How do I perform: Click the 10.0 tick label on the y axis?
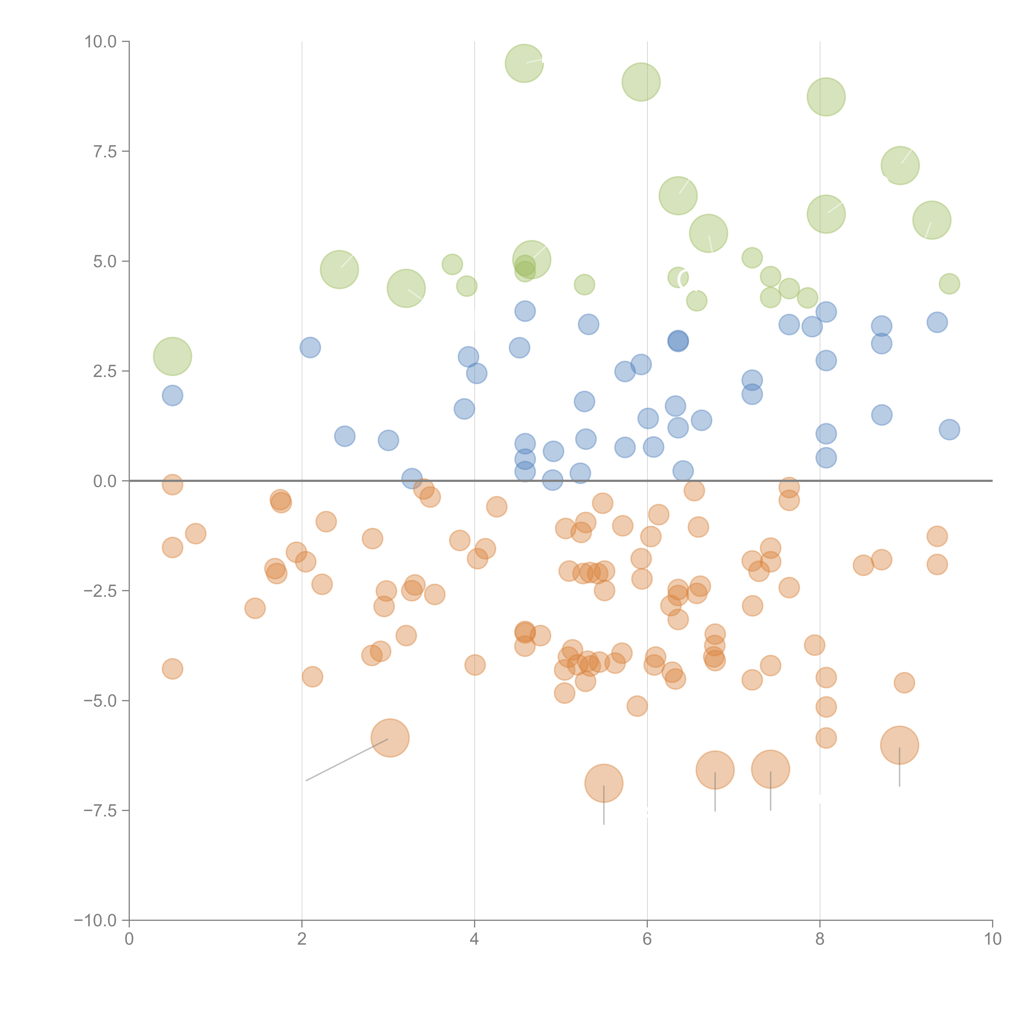pos(101,42)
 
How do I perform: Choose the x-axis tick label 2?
pos(302,939)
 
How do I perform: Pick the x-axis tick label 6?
pos(647,939)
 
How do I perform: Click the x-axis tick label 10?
pos(992,939)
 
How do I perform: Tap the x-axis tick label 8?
pos(820,939)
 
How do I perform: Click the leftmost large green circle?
pos(172,357)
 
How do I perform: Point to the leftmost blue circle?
pos(172,396)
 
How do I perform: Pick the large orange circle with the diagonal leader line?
pos(390,738)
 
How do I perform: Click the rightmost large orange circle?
pos(900,745)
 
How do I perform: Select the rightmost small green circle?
pos(949,284)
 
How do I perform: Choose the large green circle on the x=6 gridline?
pos(641,82)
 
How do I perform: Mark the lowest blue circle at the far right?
pos(949,429)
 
